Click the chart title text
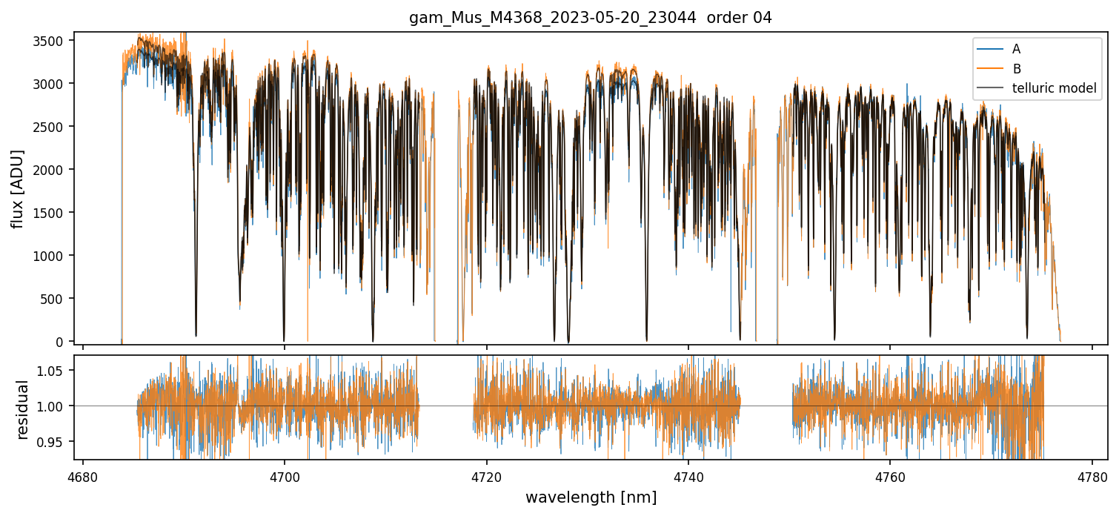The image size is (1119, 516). (591, 18)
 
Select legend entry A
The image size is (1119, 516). (1016, 49)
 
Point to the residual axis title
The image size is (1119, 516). (22, 409)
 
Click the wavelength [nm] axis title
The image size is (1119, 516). (591, 497)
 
